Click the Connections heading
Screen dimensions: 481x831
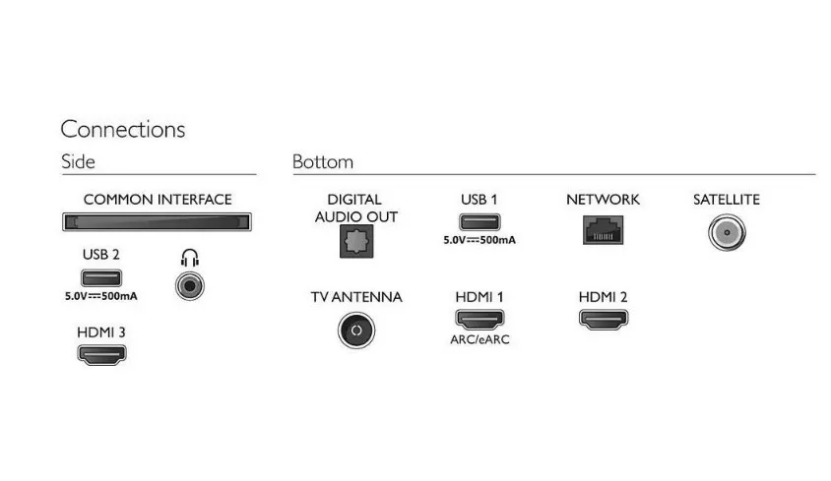(x=123, y=129)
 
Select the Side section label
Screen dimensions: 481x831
(x=78, y=162)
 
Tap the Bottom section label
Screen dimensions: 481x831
(x=323, y=162)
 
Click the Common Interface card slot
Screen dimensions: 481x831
(x=158, y=223)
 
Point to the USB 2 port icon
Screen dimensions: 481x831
(x=101, y=278)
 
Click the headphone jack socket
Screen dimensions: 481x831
(x=189, y=286)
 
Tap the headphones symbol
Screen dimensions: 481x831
(x=190, y=258)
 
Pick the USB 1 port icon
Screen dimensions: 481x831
(x=479, y=223)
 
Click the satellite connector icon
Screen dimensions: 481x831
(x=727, y=233)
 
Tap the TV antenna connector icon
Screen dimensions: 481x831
(x=355, y=330)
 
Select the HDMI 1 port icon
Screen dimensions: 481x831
(x=479, y=319)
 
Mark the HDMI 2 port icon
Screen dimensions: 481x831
(x=604, y=319)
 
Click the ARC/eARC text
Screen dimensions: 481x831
(x=479, y=340)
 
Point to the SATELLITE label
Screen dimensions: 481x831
(x=727, y=200)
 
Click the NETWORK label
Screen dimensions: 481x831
(x=603, y=200)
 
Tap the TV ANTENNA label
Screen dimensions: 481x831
(x=355, y=297)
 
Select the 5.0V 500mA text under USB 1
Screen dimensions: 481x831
(x=479, y=241)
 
